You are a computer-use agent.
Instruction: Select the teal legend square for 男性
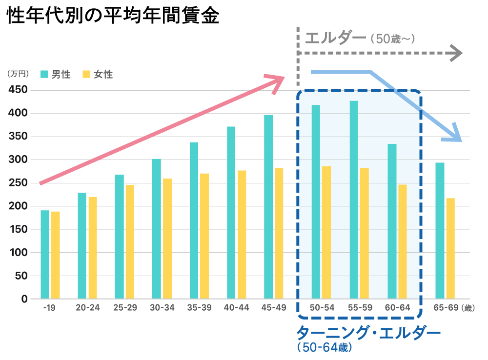point(44,74)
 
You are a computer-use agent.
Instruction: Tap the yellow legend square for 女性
point(86,74)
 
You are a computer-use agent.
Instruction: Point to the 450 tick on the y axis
point(18,90)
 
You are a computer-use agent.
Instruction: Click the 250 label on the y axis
point(18,183)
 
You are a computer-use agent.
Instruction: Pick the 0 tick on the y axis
point(24,299)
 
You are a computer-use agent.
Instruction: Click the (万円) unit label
point(18,74)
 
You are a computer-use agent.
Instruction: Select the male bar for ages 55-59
point(354,200)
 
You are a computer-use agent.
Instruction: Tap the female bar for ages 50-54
point(326,232)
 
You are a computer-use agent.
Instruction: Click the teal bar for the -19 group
point(45,254)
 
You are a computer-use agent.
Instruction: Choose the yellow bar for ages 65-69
point(450,248)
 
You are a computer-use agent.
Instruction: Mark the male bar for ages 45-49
point(268,207)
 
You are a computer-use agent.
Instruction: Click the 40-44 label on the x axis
point(237,308)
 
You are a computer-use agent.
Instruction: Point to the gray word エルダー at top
point(335,38)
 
